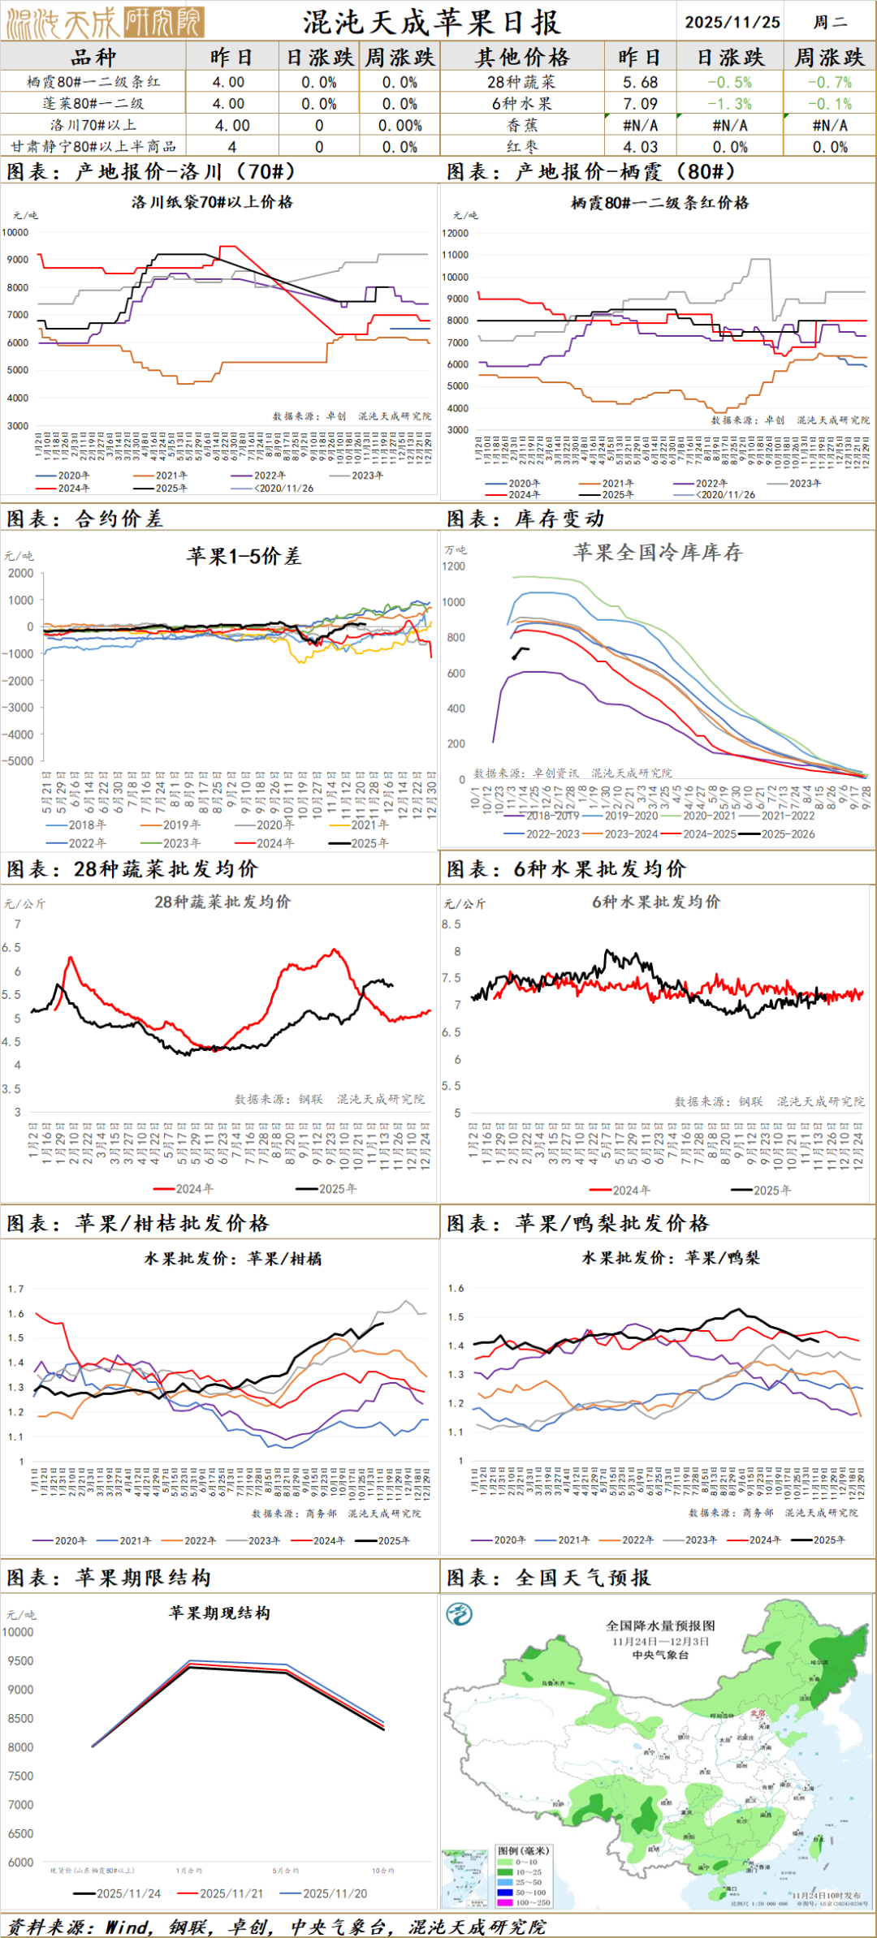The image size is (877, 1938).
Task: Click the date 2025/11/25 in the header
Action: click(732, 22)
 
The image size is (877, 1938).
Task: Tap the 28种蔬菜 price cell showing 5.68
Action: click(640, 82)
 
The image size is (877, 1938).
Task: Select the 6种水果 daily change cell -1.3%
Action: click(729, 104)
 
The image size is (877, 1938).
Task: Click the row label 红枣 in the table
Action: click(522, 147)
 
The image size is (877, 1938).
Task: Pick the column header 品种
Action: click(93, 58)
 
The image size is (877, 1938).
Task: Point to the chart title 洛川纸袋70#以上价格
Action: click(212, 202)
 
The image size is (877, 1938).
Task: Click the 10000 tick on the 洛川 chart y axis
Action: click(15, 232)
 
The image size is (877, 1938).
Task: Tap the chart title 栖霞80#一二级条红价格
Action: click(659, 203)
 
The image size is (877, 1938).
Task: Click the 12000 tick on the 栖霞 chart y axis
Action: click(455, 233)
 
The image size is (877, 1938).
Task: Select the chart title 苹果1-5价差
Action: click(244, 556)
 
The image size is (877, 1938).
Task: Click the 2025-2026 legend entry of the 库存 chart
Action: click(787, 833)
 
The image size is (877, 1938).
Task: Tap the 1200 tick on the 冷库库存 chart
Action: click(454, 566)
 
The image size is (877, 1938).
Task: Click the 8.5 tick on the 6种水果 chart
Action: click(451, 924)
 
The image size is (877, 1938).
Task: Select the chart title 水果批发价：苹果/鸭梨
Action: click(671, 1258)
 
